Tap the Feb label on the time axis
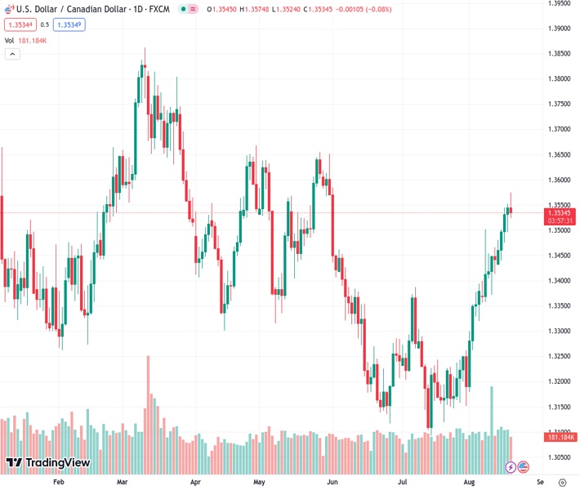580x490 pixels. point(58,482)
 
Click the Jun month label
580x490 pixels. point(332,482)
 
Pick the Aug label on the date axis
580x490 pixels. point(468,482)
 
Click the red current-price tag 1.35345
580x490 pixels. point(560,212)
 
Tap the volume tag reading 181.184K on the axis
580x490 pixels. point(560,438)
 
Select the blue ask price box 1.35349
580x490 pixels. point(69,24)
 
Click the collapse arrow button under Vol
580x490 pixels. point(12,54)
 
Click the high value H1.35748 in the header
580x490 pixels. point(252,10)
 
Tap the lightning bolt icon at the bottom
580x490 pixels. point(511,467)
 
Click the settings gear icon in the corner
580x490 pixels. point(560,482)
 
